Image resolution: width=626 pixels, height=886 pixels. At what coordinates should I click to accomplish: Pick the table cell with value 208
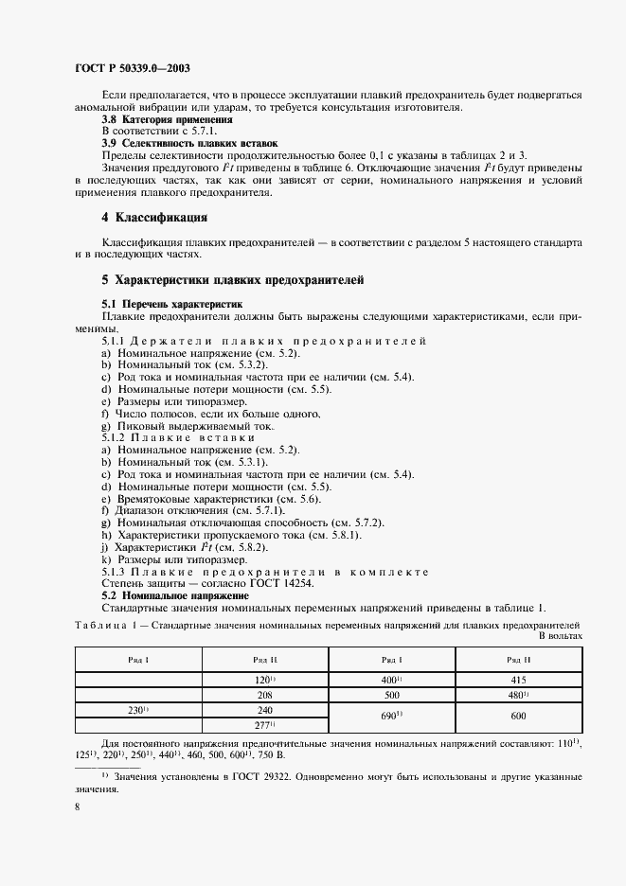[263, 694]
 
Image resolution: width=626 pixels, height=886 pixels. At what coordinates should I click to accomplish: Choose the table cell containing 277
[264, 724]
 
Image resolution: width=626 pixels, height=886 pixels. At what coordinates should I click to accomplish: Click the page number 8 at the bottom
[77, 806]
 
